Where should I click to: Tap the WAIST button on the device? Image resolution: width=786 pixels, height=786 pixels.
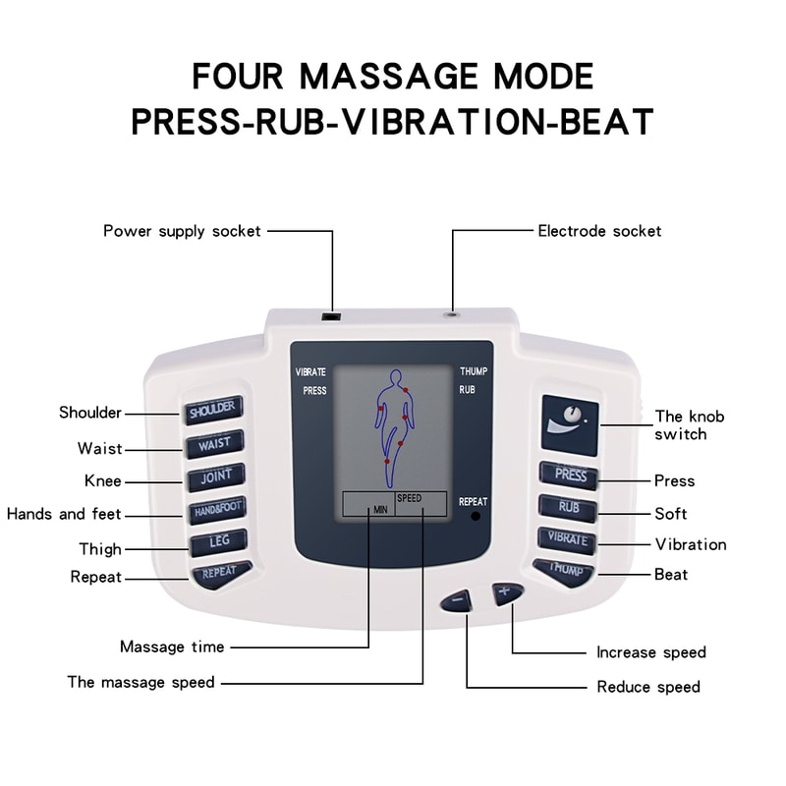214,443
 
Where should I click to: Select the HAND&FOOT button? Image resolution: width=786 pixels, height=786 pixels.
217,510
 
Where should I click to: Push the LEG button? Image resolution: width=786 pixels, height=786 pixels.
218,541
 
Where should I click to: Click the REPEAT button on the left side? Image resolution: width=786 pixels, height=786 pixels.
220,572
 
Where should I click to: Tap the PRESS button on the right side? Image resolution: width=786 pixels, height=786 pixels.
569,476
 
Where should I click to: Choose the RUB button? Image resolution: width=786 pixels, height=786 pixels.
568,508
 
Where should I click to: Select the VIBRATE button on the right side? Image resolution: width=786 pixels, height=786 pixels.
567,539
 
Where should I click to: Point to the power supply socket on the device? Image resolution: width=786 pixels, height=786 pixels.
334,316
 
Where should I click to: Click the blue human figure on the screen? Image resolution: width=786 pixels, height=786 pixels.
393,422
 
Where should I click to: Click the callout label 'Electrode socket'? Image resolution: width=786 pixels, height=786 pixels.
599,231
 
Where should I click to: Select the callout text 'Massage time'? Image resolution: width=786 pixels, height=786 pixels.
172,646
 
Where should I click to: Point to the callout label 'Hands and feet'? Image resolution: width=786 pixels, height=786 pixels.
64,514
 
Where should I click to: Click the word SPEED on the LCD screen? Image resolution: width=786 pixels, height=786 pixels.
409,498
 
